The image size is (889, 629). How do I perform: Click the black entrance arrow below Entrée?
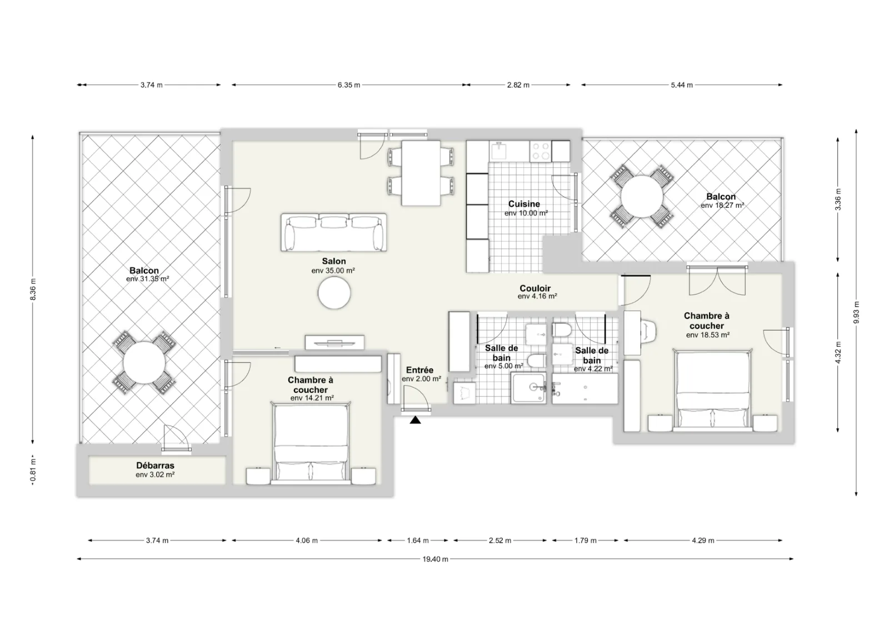[x=415, y=420]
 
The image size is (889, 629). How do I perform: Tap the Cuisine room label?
[x=524, y=204]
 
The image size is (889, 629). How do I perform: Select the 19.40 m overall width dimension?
[x=435, y=559]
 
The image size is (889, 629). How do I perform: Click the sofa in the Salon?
[x=334, y=232]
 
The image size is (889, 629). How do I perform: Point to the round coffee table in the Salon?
[x=334, y=293]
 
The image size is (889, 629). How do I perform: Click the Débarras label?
[x=155, y=465]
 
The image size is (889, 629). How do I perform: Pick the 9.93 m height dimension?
[x=856, y=312]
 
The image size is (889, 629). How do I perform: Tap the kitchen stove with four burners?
[x=541, y=151]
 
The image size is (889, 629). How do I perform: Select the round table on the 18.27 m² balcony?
[x=642, y=197]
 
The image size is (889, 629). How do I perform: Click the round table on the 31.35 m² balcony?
[x=144, y=363]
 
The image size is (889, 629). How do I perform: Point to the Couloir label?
[x=535, y=288]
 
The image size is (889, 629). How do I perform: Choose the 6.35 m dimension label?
[x=349, y=85]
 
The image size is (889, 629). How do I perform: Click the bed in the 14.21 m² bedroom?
[x=311, y=443]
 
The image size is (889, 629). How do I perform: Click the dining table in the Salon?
[x=421, y=173]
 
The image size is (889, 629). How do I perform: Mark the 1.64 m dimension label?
[x=418, y=541]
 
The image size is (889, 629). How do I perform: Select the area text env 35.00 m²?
[x=333, y=271]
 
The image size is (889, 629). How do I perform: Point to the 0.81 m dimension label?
[x=33, y=471]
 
